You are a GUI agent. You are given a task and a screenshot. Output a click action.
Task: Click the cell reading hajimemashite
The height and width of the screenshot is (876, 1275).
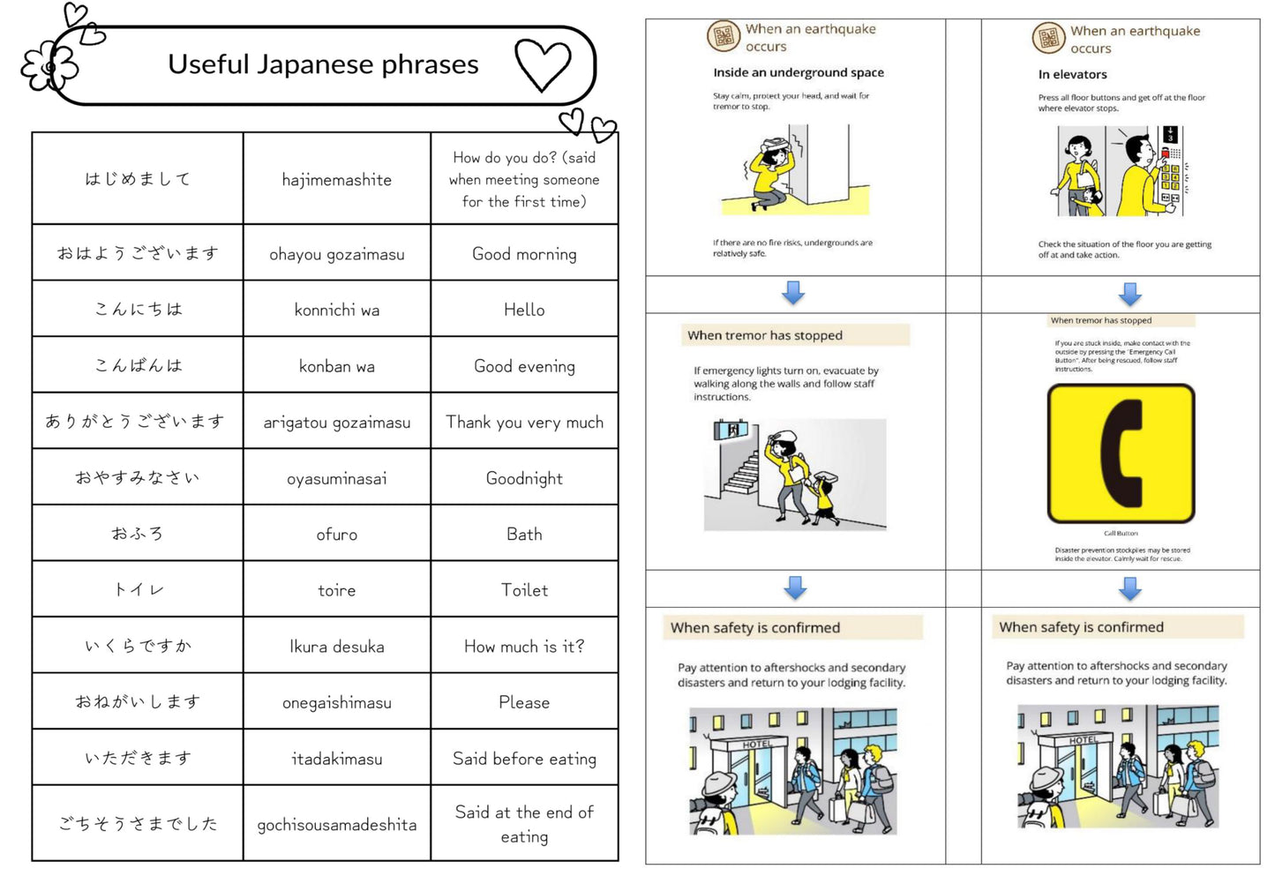(336, 179)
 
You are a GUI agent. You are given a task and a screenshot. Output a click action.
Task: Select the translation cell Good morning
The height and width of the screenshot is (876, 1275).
(524, 254)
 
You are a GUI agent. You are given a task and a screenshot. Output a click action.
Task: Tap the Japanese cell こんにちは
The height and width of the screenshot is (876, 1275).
(138, 309)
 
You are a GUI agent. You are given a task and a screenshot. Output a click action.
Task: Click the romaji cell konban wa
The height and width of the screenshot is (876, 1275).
(336, 366)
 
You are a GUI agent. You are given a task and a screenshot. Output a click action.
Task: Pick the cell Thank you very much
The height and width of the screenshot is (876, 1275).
(524, 422)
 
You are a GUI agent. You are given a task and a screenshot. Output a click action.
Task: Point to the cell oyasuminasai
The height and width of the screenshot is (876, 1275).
(336, 478)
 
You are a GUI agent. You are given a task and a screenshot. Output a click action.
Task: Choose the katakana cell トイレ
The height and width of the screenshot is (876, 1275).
(138, 589)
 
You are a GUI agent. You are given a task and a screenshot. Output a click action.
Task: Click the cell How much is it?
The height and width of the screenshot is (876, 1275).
(524, 647)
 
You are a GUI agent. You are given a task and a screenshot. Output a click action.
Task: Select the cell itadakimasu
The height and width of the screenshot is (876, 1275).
(336, 759)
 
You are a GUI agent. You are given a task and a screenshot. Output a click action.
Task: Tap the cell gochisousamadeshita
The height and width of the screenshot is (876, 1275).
(336, 825)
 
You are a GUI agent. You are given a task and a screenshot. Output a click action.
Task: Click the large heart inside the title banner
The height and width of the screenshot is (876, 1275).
(543, 65)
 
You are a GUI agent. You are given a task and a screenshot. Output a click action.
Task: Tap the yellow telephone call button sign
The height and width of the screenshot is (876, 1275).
(1121, 453)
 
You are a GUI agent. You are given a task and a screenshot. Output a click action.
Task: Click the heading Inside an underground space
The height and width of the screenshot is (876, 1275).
(798, 72)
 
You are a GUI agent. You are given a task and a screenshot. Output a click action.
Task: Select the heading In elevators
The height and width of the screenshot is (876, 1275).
(1072, 74)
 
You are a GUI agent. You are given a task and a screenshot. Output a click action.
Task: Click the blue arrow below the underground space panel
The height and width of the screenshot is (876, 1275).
(793, 293)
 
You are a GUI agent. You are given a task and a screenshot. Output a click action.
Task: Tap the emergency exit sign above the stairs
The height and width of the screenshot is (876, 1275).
(731, 430)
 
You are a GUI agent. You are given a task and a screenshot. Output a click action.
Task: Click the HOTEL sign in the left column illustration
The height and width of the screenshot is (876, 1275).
(756, 745)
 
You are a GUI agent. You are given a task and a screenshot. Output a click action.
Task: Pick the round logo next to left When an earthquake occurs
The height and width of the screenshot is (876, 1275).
(724, 36)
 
